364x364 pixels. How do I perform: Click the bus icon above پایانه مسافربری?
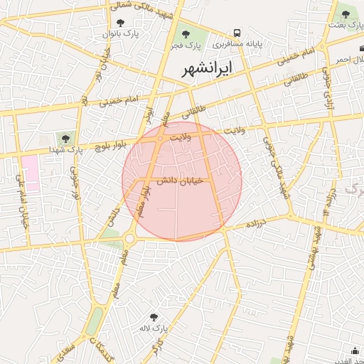tap(237, 33)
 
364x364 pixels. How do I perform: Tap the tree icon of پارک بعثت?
tap(346, 14)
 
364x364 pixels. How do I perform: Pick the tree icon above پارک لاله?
tap(153, 317)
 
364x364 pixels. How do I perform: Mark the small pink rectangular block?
tap(30, 173)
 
